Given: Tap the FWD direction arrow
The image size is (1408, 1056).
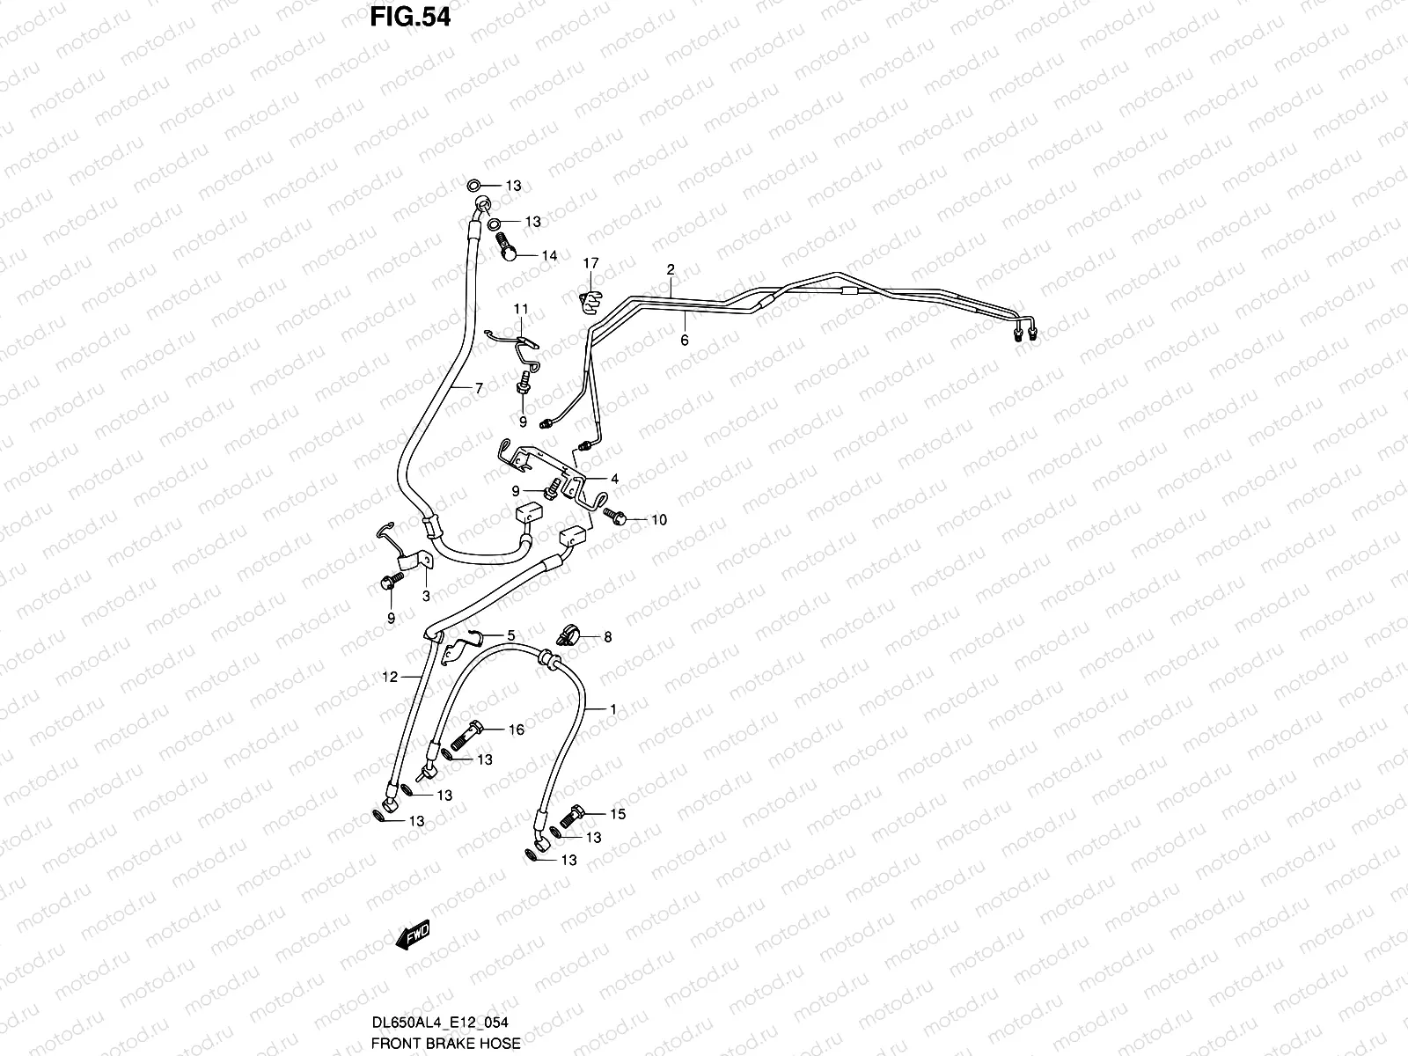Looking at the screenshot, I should click(413, 935).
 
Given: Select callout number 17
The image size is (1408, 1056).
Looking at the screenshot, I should click(590, 263).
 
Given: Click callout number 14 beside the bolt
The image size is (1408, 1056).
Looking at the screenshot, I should click(549, 256).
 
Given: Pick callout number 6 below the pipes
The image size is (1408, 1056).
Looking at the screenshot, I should click(684, 340).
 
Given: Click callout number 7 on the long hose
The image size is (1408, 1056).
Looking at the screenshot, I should click(479, 387).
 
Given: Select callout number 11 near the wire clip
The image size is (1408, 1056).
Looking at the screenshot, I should click(521, 309).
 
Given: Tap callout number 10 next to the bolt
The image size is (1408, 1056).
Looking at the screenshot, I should click(658, 520).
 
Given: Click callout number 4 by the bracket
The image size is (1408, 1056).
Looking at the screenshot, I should click(614, 480).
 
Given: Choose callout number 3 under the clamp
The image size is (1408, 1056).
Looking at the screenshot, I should click(425, 597).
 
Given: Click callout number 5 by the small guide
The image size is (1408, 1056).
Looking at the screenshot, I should click(510, 634).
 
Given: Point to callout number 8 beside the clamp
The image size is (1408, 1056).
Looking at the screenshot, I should click(606, 636).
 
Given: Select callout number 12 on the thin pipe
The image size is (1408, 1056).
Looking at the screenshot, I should click(391, 677).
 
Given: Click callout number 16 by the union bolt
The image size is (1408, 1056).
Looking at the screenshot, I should click(516, 730).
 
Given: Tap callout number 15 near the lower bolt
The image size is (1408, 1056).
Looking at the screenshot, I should click(618, 814).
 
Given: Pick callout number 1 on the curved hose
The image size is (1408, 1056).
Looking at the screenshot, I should click(612, 709).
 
